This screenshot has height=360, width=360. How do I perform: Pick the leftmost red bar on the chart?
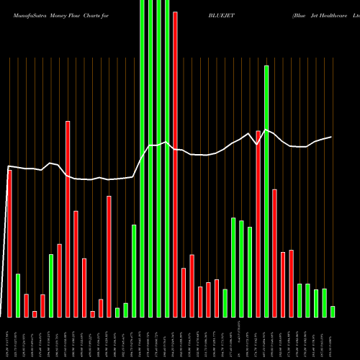(9, 243)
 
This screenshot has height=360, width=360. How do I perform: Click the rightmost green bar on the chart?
(333, 311)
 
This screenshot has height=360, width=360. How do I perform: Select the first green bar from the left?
(18, 295)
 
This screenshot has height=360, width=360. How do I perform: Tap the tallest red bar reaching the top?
(175, 164)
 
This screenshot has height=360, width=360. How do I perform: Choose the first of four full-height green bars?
(142, 158)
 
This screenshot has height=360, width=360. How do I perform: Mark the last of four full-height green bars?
(167, 158)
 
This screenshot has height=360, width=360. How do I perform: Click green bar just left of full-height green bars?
(134, 271)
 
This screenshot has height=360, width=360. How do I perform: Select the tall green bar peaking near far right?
(266, 191)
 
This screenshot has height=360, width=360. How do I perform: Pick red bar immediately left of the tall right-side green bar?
(258, 223)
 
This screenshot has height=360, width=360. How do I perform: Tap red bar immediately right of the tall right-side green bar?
(275, 253)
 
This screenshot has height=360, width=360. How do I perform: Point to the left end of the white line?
(7, 167)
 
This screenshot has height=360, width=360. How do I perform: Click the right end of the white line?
(332, 137)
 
